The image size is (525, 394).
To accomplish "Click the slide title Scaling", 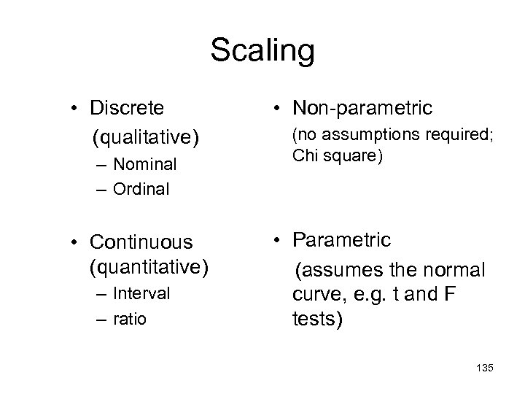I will pyautogui.click(x=262, y=51).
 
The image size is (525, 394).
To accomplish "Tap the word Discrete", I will pyautogui.click(x=127, y=109).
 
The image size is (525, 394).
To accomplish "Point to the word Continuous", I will pyautogui.click(x=141, y=242).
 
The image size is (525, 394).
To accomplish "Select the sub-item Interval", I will pyautogui.click(x=142, y=293).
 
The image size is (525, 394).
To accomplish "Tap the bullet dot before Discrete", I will pyautogui.click(x=75, y=109).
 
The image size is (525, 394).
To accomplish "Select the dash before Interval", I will pyautogui.click(x=98, y=293).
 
